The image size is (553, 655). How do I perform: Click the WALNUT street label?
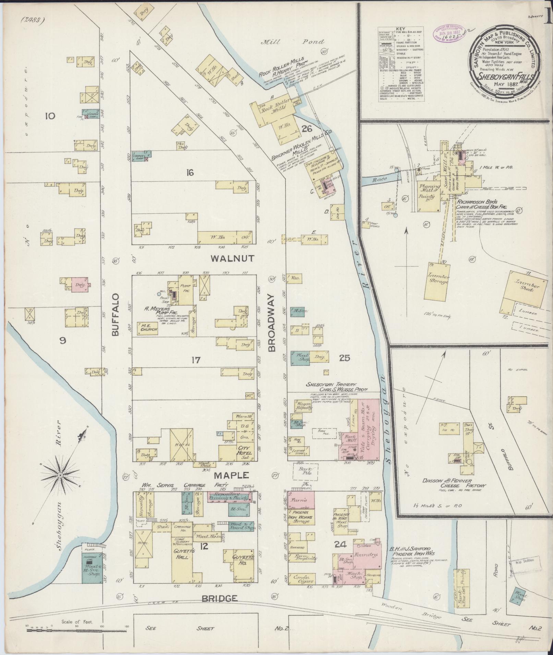tap(233, 258)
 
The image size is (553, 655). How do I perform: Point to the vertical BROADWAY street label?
tap(272, 323)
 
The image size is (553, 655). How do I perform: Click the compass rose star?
tap(60, 475)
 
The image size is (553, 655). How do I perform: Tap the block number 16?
tap(190, 173)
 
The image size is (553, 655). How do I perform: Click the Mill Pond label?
tap(292, 42)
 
